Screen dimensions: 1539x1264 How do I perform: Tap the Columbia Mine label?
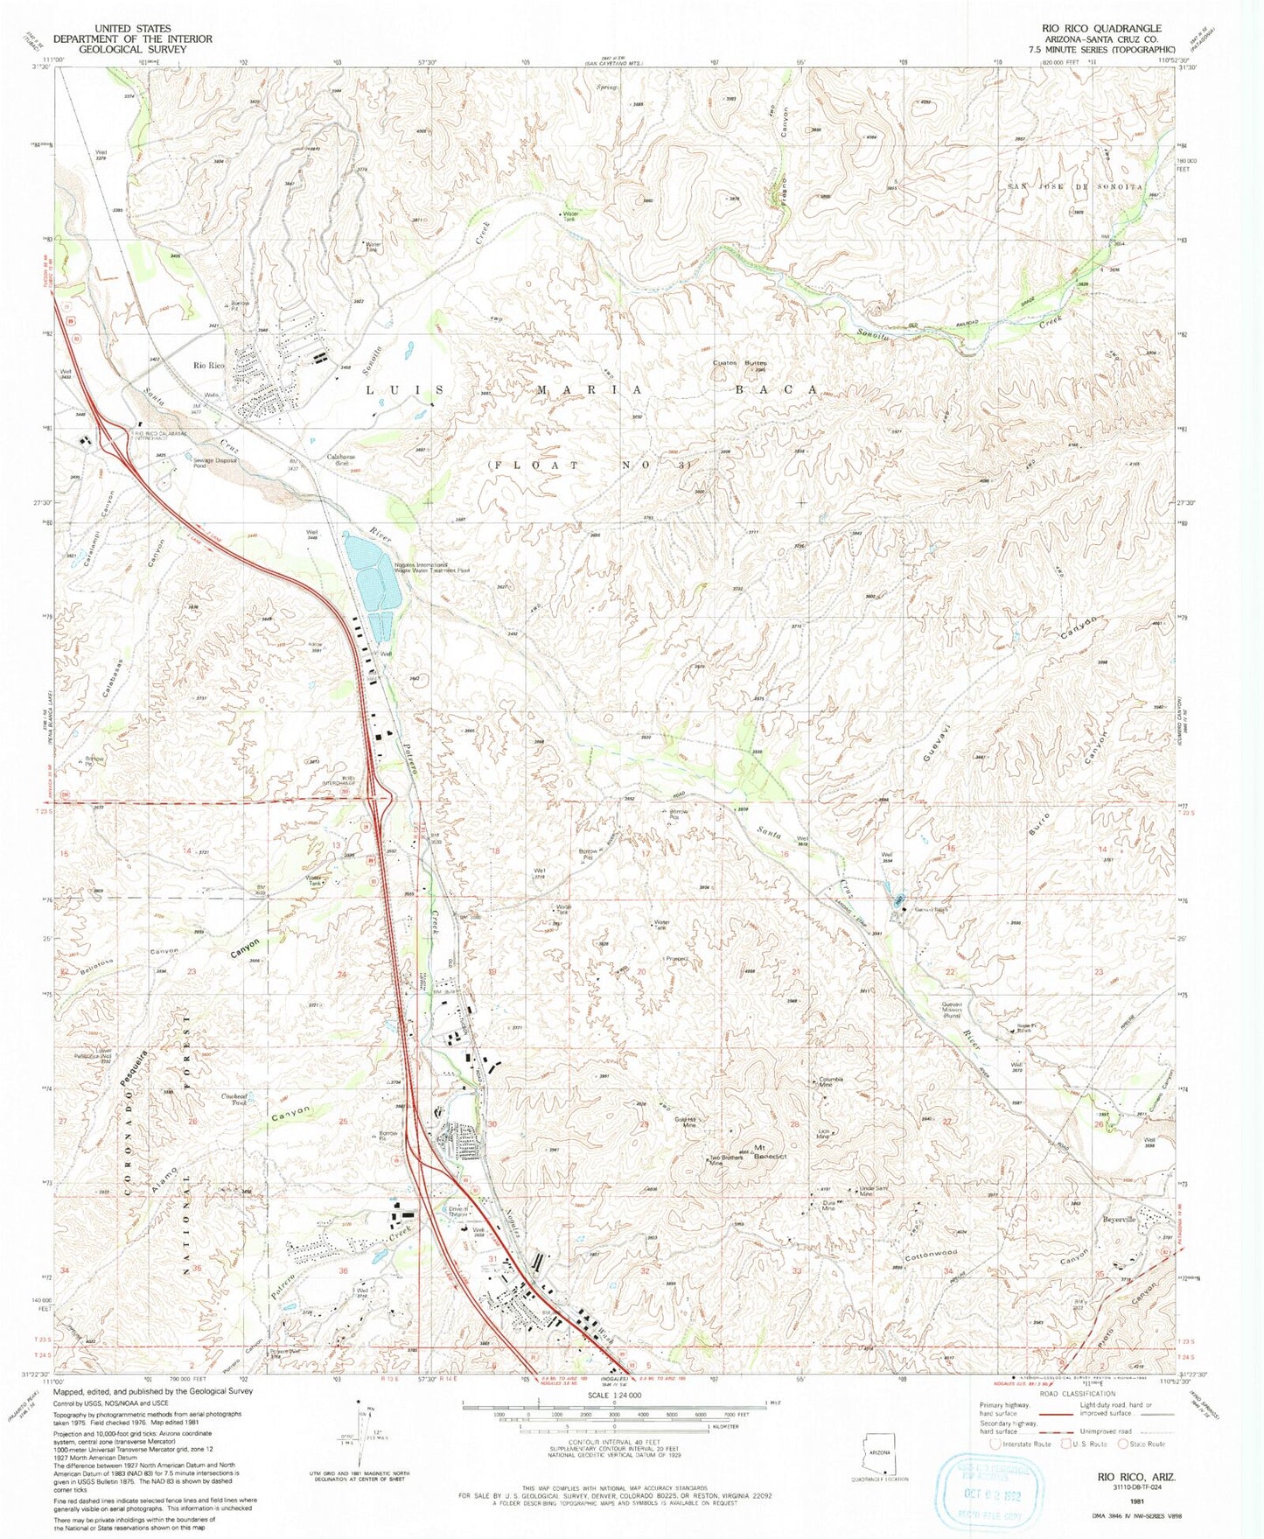pos(830,1081)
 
